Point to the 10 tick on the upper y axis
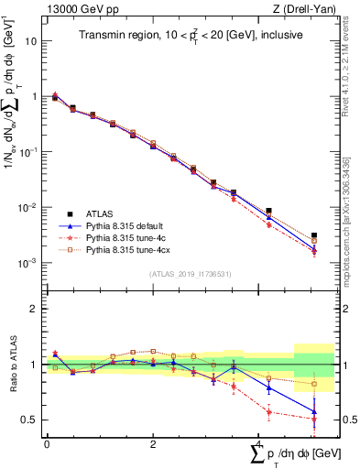(x=33, y=41)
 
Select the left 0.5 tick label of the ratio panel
(x=31, y=420)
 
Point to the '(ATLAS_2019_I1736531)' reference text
(x=191, y=274)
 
